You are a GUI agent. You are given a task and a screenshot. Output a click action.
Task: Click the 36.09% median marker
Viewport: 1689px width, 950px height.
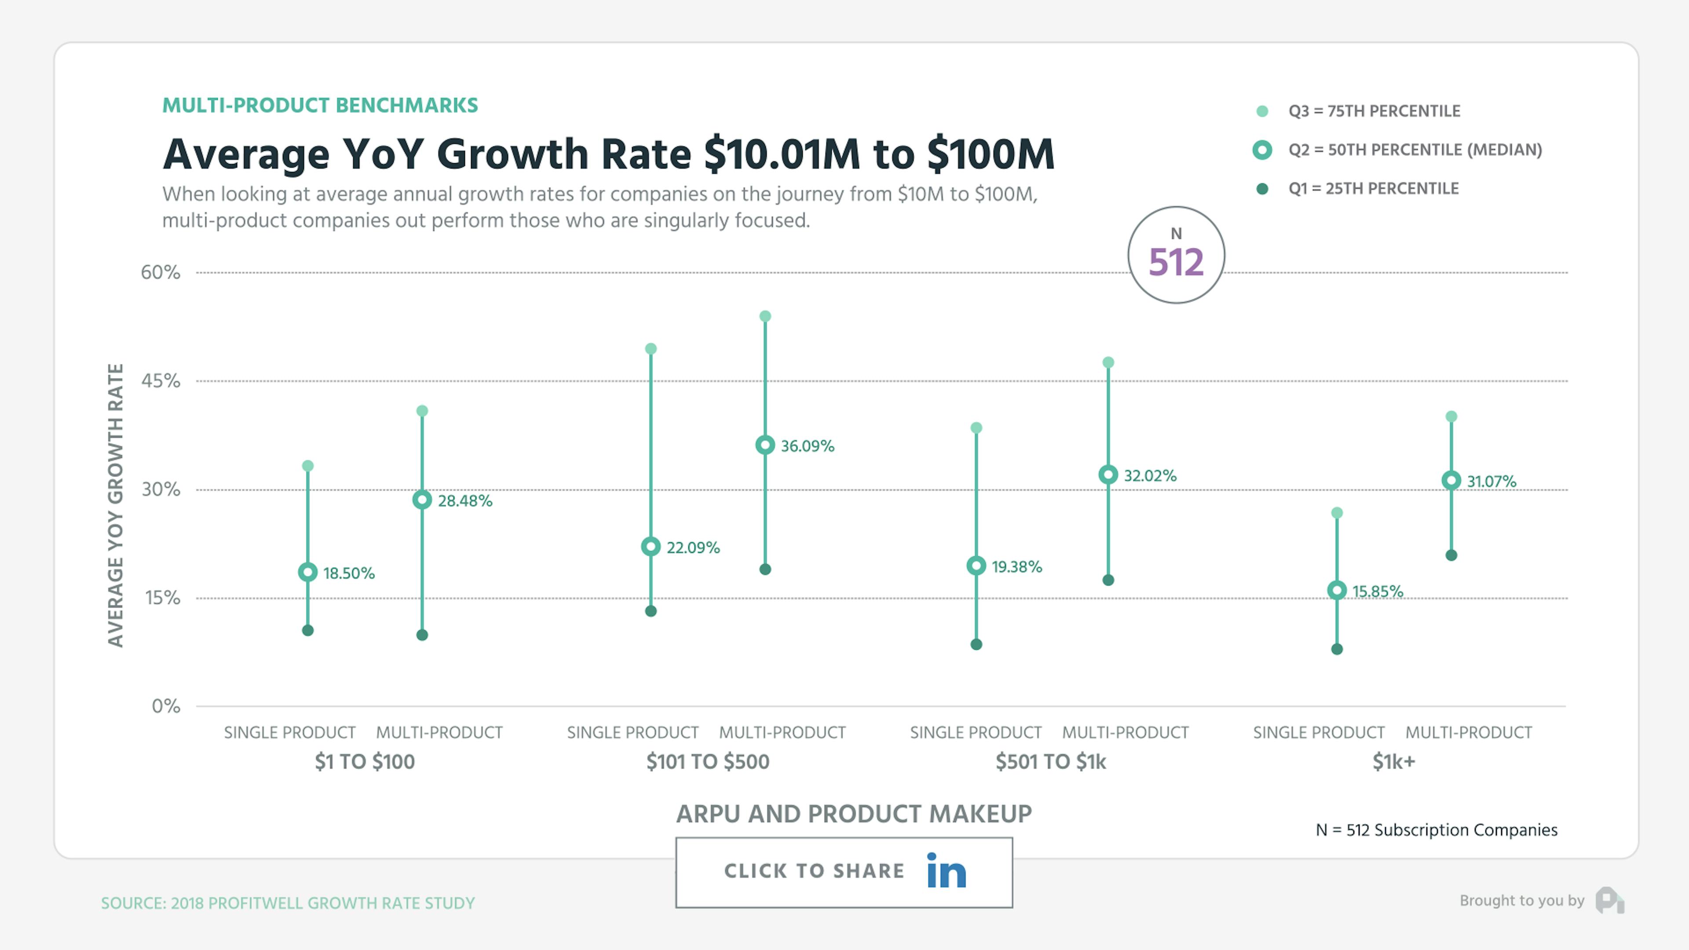pyautogui.click(x=764, y=445)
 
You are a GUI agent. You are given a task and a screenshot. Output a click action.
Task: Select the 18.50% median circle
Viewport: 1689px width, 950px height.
pyautogui.click(x=307, y=572)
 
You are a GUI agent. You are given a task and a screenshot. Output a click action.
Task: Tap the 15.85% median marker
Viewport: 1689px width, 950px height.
pyautogui.click(x=1337, y=591)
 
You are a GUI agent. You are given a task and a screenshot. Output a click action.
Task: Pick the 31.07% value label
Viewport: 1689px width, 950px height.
pyautogui.click(x=1491, y=481)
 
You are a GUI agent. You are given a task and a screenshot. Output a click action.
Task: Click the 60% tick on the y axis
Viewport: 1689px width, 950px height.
pyautogui.click(x=161, y=272)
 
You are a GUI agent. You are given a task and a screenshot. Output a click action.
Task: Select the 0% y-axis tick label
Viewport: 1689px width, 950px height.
pyautogui.click(x=166, y=706)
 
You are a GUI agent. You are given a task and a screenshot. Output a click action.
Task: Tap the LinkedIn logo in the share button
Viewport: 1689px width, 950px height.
pyautogui.click(x=946, y=871)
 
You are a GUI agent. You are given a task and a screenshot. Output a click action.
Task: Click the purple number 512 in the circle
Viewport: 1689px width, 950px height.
pyautogui.click(x=1176, y=262)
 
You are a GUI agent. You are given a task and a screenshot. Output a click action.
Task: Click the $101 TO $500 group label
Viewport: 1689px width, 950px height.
pyautogui.click(x=707, y=762)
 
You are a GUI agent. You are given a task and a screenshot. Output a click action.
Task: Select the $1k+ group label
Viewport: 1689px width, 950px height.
pyautogui.click(x=1393, y=762)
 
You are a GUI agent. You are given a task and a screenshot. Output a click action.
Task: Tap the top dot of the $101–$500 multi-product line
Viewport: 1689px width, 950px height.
pyautogui.click(x=764, y=316)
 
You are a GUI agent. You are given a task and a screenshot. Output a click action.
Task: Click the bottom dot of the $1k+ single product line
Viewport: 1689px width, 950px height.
pyautogui.click(x=1337, y=649)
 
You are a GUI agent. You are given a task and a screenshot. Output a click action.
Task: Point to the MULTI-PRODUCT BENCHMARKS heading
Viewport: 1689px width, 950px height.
pyautogui.click(x=320, y=106)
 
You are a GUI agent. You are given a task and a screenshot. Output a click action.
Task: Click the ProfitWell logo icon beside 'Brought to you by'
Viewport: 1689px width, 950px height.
pyautogui.click(x=1610, y=900)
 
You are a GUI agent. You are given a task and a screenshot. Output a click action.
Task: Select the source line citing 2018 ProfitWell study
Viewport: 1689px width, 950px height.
pyautogui.click(x=288, y=903)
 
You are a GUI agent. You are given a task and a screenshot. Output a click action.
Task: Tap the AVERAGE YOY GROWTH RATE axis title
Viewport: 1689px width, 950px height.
pyautogui.click(x=115, y=505)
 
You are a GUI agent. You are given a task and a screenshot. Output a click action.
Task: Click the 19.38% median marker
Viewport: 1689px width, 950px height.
pyautogui.click(x=976, y=566)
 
